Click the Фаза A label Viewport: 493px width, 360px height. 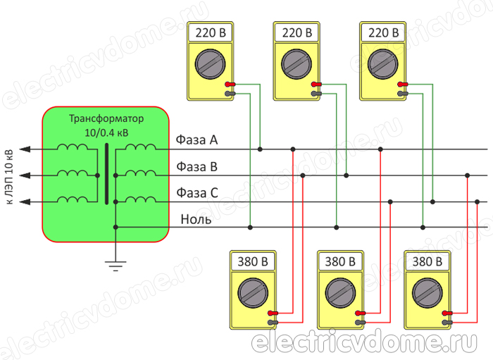[x=196, y=140]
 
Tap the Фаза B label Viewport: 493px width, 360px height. [x=196, y=166]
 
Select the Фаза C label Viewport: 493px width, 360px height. [x=196, y=192]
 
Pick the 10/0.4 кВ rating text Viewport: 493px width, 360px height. [x=106, y=132]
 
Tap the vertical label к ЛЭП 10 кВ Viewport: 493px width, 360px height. [x=9, y=177]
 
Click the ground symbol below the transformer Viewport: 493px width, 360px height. [x=115, y=265]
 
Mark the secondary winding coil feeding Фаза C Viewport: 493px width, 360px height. [x=141, y=201]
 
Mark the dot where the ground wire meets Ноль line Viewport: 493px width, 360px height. [x=116, y=227]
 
